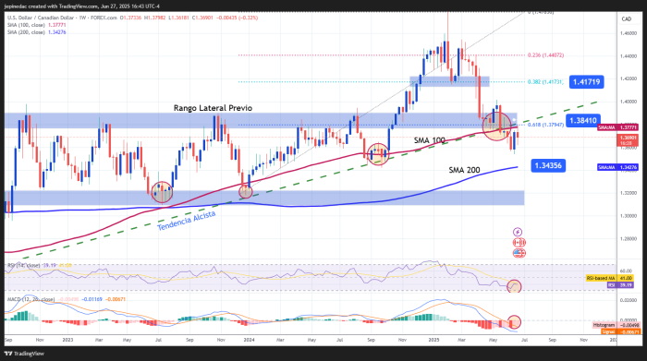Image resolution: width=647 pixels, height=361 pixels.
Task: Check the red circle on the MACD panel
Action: coord(514,322)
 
